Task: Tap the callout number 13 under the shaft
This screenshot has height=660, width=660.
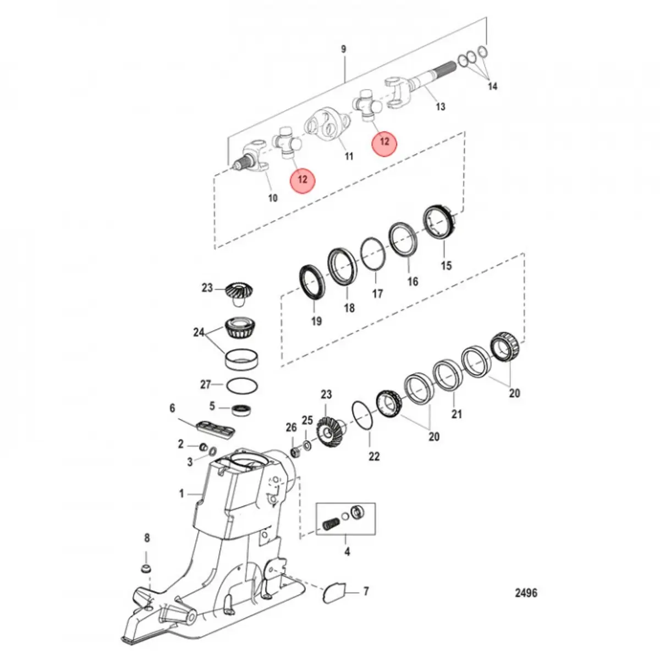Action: tap(440, 106)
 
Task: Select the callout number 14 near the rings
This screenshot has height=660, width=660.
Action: tap(492, 86)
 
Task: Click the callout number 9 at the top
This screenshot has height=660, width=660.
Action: tap(344, 50)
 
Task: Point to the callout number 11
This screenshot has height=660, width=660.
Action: tap(349, 156)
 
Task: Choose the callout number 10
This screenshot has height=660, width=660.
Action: tap(273, 198)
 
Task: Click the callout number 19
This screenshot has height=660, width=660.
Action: tap(316, 321)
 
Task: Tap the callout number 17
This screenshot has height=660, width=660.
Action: tap(377, 294)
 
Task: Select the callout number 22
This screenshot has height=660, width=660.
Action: tap(374, 456)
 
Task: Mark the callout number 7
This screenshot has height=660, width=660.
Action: tap(366, 592)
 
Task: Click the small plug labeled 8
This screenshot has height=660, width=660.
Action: tap(147, 568)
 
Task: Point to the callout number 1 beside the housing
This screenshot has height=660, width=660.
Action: tap(182, 494)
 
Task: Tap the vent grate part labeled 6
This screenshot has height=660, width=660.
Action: tap(216, 429)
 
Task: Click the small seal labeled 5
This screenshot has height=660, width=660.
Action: tap(241, 409)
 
